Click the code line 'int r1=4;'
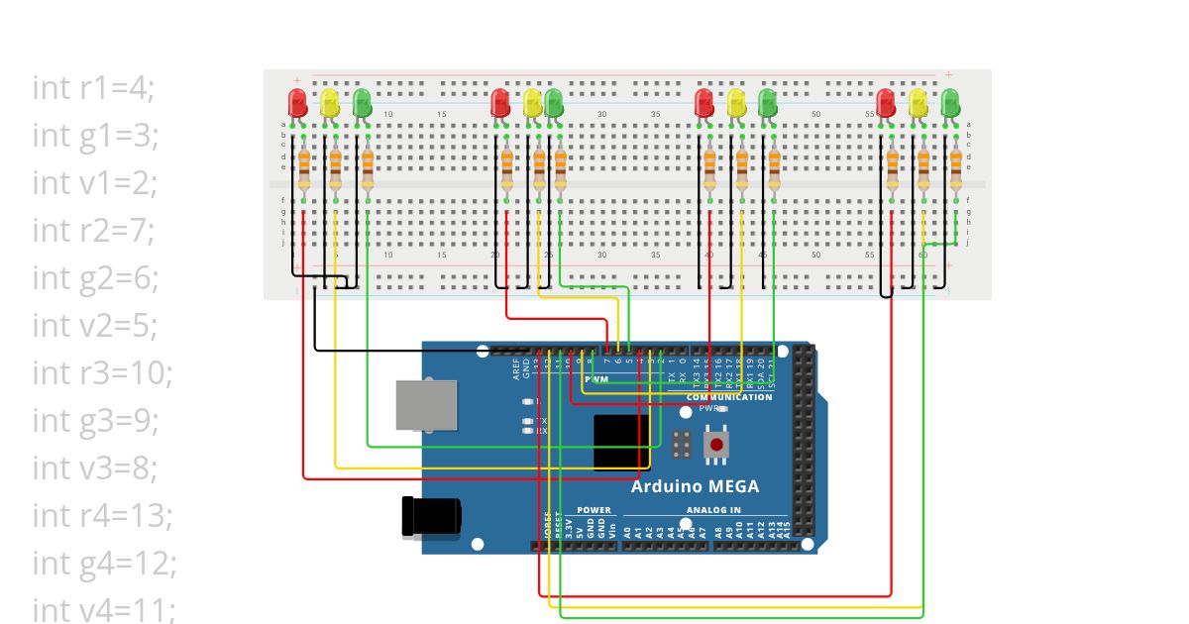(94, 88)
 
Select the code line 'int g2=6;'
(96, 278)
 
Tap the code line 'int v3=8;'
(96, 468)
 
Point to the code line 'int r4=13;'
(103, 515)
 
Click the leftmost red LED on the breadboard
(296, 101)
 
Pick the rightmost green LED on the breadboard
(950, 101)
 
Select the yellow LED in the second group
(532, 101)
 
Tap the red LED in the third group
(704, 101)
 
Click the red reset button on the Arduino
(715, 445)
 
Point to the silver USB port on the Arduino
(426, 405)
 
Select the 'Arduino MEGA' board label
(696, 486)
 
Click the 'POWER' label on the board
(594, 510)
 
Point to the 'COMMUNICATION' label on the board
(728, 397)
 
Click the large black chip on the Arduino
(621, 443)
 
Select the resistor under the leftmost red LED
(303, 169)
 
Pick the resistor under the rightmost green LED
(956, 169)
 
